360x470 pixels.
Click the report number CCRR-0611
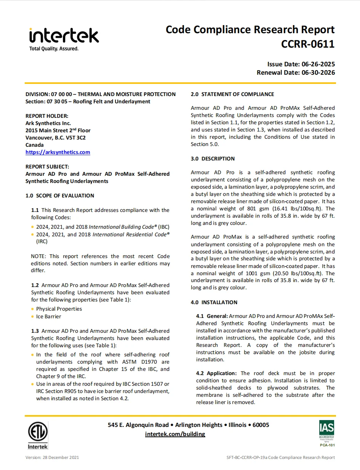(307, 44)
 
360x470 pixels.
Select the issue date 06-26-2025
(318, 64)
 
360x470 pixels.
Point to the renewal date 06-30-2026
(318, 72)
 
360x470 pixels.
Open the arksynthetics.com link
(58, 152)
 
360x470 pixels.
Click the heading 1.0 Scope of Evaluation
(60, 196)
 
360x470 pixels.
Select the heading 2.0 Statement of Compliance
(232, 94)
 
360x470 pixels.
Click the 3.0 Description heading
(213, 159)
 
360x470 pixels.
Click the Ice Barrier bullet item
(48, 316)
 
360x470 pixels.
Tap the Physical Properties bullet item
(59, 309)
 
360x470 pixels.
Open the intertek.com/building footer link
(175, 434)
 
